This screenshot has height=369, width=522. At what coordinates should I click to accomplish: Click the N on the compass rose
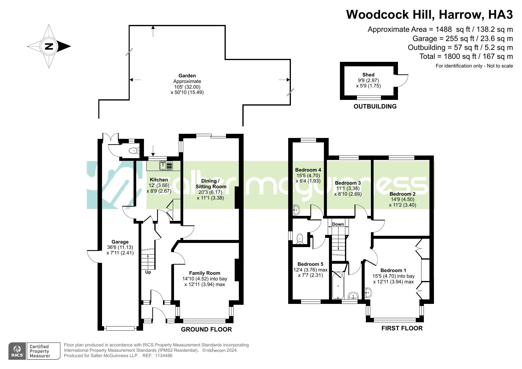(49, 46)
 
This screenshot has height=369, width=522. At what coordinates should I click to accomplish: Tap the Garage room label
(120, 242)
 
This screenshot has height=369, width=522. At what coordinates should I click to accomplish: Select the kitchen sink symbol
(166, 166)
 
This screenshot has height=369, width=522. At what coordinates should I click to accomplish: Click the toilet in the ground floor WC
(134, 151)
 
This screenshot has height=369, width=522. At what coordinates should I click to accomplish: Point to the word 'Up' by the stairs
(148, 272)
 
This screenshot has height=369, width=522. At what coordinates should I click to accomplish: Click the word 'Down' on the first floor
(338, 224)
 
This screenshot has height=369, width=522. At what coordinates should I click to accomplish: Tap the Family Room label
(205, 273)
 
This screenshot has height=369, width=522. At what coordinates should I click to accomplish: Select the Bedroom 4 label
(308, 170)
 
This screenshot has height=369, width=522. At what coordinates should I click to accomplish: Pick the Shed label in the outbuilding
(368, 75)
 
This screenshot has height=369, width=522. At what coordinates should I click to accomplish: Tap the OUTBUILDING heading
(375, 106)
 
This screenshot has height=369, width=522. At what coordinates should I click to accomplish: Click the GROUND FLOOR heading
(206, 329)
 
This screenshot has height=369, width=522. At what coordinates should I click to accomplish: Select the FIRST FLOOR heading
(402, 328)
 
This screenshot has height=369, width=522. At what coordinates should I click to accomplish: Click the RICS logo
(18, 351)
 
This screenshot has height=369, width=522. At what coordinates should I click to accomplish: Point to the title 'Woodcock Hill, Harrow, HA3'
(429, 15)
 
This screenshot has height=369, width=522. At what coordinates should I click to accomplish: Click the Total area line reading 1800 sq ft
(466, 56)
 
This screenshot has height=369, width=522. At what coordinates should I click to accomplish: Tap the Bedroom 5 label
(310, 264)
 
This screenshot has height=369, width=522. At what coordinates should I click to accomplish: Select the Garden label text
(187, 76)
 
